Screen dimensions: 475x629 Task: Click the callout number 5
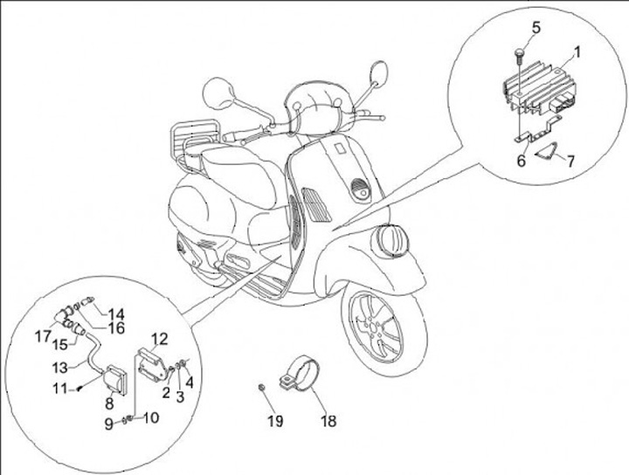[536, 27]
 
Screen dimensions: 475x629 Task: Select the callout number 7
[570, 162]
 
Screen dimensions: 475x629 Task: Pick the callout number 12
[158, 339]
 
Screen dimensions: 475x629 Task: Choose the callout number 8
[110, 403]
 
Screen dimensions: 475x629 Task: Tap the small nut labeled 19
[262, 386]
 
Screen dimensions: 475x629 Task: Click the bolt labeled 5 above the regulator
[520, 55]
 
